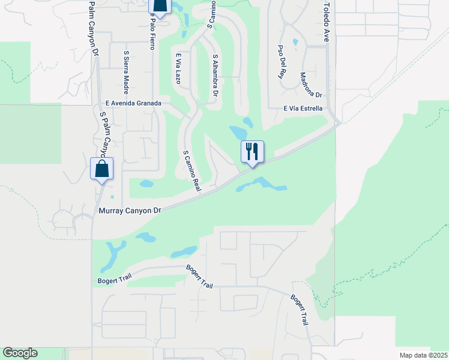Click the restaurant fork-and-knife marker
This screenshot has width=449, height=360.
tap(252, 152)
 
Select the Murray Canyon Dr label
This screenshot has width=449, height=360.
tap(130, 211)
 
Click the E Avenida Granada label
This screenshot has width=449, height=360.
tap(133, 103)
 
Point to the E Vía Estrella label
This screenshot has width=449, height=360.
tap(303, 109)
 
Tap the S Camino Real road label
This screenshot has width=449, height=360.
tap(191, 171)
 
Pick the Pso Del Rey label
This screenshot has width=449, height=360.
tap(280, 62)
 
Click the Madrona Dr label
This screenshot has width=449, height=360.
tap(311, 85)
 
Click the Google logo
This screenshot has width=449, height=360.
tap(20, 353)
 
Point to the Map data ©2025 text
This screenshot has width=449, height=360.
tap(423, 355)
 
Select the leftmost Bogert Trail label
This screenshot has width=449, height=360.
tap(113, 280)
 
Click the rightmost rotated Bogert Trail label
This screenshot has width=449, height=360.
tap(299, 309)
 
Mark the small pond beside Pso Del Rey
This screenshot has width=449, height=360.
tap(294, 43)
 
